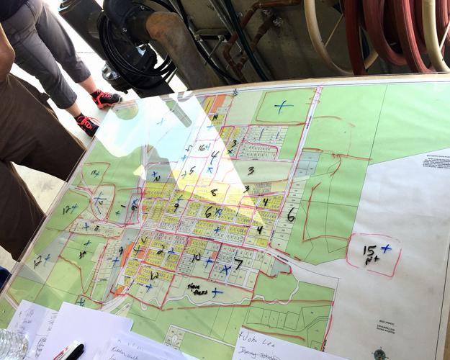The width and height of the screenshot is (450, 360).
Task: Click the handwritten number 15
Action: pyautogui.click(x=369, y=251)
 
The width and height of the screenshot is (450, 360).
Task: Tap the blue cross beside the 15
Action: pyautogui.click(x=387, y=248)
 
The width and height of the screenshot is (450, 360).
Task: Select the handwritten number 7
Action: pyautogui.click(x=238, y=264)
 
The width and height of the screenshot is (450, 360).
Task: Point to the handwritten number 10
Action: pyautogui.click(x=196, y=257)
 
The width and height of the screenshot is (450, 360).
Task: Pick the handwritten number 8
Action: pyautogui.click(x=213, y=192)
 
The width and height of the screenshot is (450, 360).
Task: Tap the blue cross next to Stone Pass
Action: pyautogui.click(x=216, y=292)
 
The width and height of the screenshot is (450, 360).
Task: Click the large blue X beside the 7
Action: pyautogui.click(x=226, y=270)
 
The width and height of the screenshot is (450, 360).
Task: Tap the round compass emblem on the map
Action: pyautogui.click(x=379, y=353)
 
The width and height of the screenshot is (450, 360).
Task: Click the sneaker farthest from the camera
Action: pyautogui.click(x=107, y=99)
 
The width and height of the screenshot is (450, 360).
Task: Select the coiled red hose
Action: pyautogui.click(x=392, y=32)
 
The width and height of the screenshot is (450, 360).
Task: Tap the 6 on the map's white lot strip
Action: pyautogui.click(x=291, y=215)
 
